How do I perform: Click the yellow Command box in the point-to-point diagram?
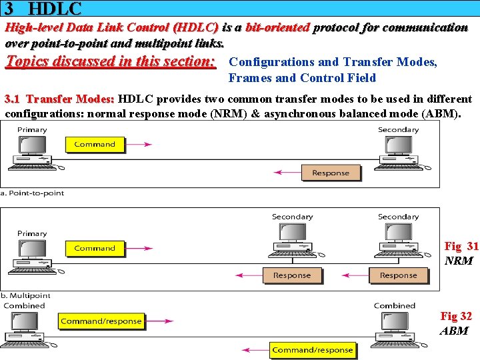click(95, 144)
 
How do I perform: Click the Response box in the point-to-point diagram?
click(331, 173)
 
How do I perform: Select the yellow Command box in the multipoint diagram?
click(95, 248)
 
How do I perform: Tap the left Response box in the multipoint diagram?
click(292, 275)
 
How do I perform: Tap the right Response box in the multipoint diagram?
click(399, 275)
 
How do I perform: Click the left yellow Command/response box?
click(101, 321)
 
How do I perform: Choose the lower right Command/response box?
click(313, 349)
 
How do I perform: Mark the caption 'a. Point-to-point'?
click(33, 193)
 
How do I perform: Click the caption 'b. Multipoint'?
click(25, 295)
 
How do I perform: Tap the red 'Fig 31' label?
click(461, 247)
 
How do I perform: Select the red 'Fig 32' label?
click(456, 317)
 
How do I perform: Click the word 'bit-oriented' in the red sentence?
click(277, 28)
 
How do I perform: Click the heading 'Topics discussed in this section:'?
click(111, 62)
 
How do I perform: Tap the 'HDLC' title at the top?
click(55, 9)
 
